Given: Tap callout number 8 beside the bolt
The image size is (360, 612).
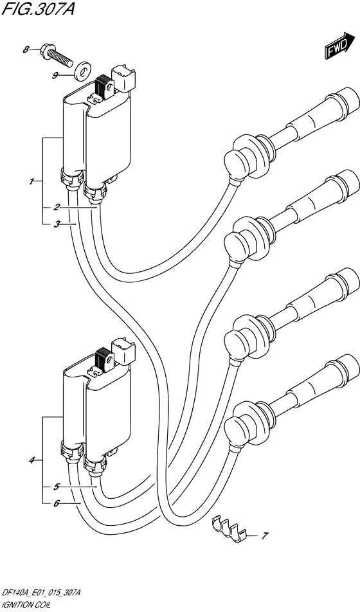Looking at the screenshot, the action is [x=26, y=50].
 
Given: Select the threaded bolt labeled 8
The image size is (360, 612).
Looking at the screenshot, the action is [x=57, y=56].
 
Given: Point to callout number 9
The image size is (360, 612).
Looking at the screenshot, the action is [x=55, y=76].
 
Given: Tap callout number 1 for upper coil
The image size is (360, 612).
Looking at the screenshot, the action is [x=32, y=181].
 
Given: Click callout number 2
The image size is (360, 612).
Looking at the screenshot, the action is [x=57, y=207].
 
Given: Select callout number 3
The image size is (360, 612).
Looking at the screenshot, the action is [x=57, y=224].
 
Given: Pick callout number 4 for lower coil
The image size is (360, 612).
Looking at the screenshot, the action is [x=32, y=461].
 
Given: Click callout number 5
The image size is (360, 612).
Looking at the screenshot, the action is [x=57, y=487].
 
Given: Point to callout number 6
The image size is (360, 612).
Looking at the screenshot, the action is [x=57, y=503].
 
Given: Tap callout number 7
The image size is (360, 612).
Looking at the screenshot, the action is [x=264, y=535].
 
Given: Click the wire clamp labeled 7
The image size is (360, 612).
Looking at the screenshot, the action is [x=230, y=529].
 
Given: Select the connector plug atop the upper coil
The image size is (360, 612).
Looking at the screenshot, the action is [x=124, y=80].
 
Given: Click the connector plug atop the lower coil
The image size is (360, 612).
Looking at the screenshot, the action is [x=124, y=350].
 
